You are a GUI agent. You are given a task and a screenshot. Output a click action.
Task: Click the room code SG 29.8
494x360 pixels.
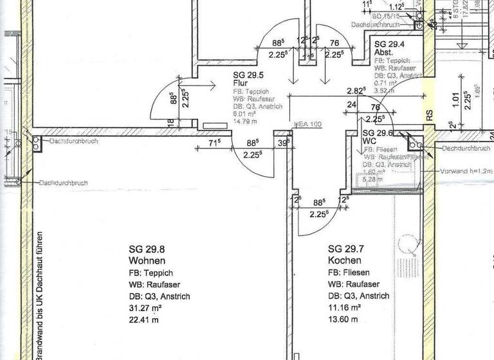coord(147,249)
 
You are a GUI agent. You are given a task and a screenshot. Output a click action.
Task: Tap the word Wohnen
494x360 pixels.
coord(147,261)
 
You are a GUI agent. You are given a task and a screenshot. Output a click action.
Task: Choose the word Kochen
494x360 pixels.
coord(345,261)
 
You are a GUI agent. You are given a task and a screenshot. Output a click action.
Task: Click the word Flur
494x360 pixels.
coord(240,84)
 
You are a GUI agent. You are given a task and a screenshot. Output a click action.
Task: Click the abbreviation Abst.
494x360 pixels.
coord(384,52)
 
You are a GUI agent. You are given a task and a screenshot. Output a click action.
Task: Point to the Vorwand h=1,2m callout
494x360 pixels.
coord(466,172)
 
